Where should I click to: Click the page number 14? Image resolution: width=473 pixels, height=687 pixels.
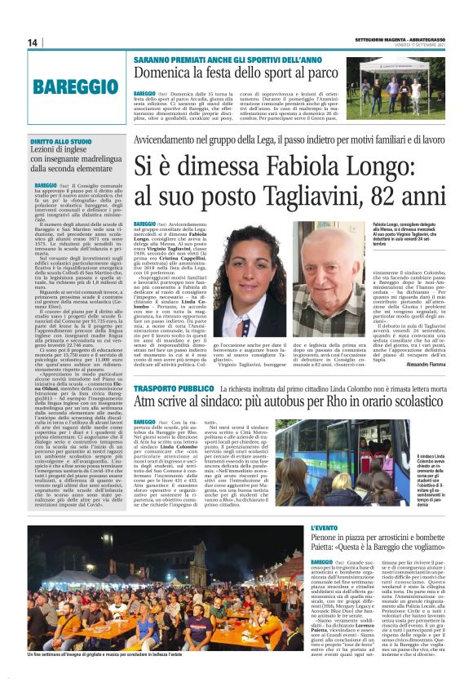(x=32, y=42)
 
